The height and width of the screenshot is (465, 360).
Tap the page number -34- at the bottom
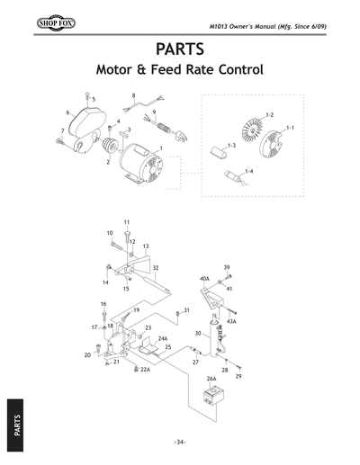[x=180, y=442]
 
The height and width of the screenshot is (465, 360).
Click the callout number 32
[x=157, y=268]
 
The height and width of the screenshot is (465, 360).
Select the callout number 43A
[x=231, y=321]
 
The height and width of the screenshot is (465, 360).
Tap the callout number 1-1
[x=290, y=130]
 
